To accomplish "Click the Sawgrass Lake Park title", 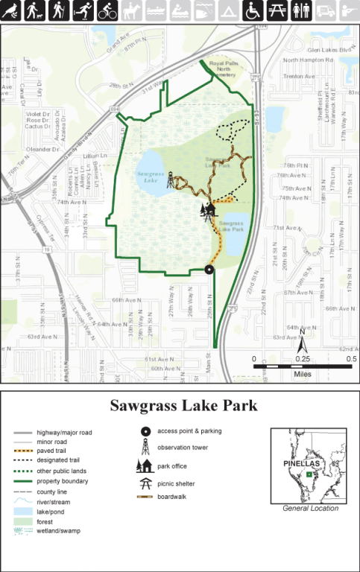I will pyautogui.click(x=183, y=406).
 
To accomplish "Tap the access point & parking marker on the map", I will pyautogui.click(x=209, y=270).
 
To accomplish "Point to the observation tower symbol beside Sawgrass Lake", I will pyautogui.click(x=171, y=180).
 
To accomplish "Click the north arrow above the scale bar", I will pyautogui.click(x=303, y=346).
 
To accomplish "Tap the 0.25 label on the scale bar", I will pyautogui.click(x=303, y=358).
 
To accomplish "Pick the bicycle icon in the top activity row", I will pyautogui.click(x=107, y=10).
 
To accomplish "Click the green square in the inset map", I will pyautogui.click(x=311, y=474).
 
